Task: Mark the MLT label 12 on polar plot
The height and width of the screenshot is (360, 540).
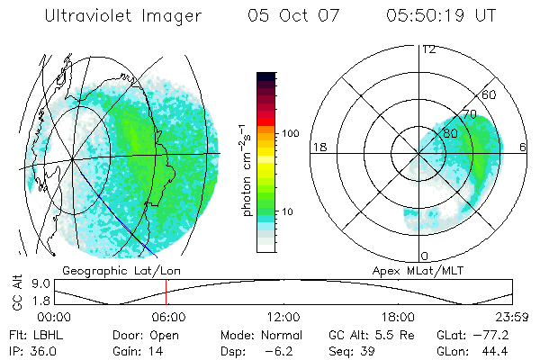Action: [428, 49]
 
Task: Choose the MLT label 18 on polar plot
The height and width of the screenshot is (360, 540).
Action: [319, 147]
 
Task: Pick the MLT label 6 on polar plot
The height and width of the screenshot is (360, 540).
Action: [524, 147]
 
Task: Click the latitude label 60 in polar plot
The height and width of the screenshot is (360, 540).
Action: [490, 94]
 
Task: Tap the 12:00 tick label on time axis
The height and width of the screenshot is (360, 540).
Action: [283, 317]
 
